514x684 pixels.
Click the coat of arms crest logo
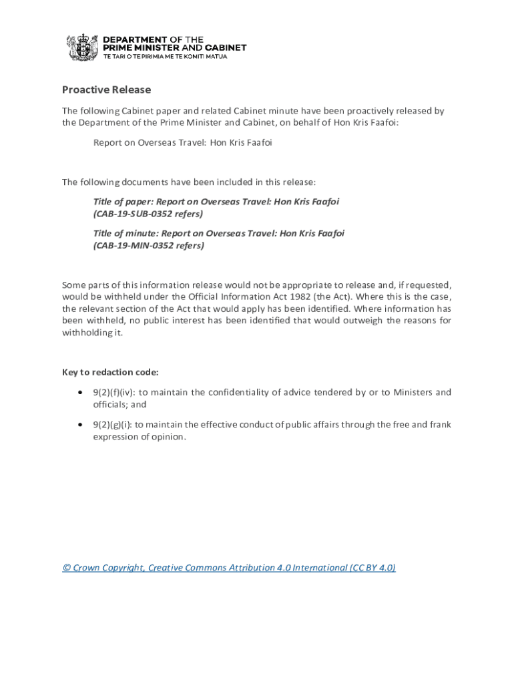point(82,47)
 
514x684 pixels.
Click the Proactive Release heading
point(107,90)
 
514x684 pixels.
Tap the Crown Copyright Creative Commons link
point(229,568)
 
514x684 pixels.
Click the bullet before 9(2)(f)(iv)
point(80,393)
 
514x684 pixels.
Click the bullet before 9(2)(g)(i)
point(80,425)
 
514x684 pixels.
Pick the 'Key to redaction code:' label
point(110,372)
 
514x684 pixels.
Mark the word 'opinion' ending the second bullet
point(167,437)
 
